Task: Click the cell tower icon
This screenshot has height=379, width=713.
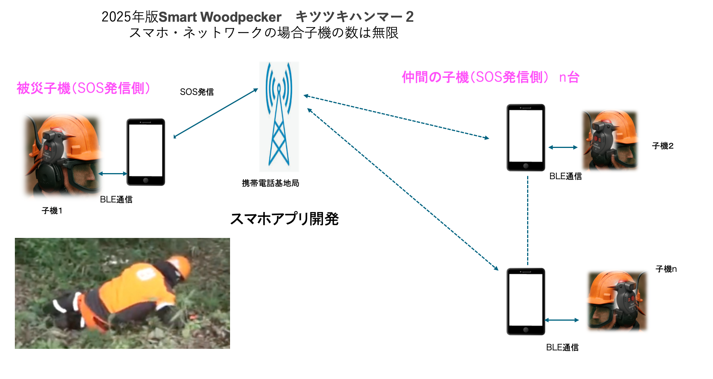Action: pos(279,116)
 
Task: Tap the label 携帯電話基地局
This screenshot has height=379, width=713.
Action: pos(270,183)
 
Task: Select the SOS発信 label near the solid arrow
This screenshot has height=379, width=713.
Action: pos(197,92)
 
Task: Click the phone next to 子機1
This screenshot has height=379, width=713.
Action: pos(146,152)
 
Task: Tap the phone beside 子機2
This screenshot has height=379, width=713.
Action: pos(526,137)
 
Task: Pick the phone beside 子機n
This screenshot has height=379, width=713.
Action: pos(526,301)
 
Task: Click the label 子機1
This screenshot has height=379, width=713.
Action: pos(52,211)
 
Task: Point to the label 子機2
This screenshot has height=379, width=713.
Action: pos(663,146)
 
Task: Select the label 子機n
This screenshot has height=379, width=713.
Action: pos(666,269)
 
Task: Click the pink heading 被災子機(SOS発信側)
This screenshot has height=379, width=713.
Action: pos(83,88)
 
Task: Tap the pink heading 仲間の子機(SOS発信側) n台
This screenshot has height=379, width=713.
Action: pos(491,77)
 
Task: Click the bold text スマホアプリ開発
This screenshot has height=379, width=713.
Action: pos(284,219)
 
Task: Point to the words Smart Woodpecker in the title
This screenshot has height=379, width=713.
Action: pos(220,17)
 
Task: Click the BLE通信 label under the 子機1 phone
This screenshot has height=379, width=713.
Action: pos(116,200)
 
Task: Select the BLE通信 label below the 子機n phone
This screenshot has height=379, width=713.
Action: pos(562,348)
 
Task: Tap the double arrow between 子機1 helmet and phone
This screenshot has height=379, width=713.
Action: pos(113,174)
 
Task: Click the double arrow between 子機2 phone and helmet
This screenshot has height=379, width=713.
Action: pos(563,147)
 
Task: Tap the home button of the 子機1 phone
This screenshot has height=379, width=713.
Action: pos(145,180)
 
